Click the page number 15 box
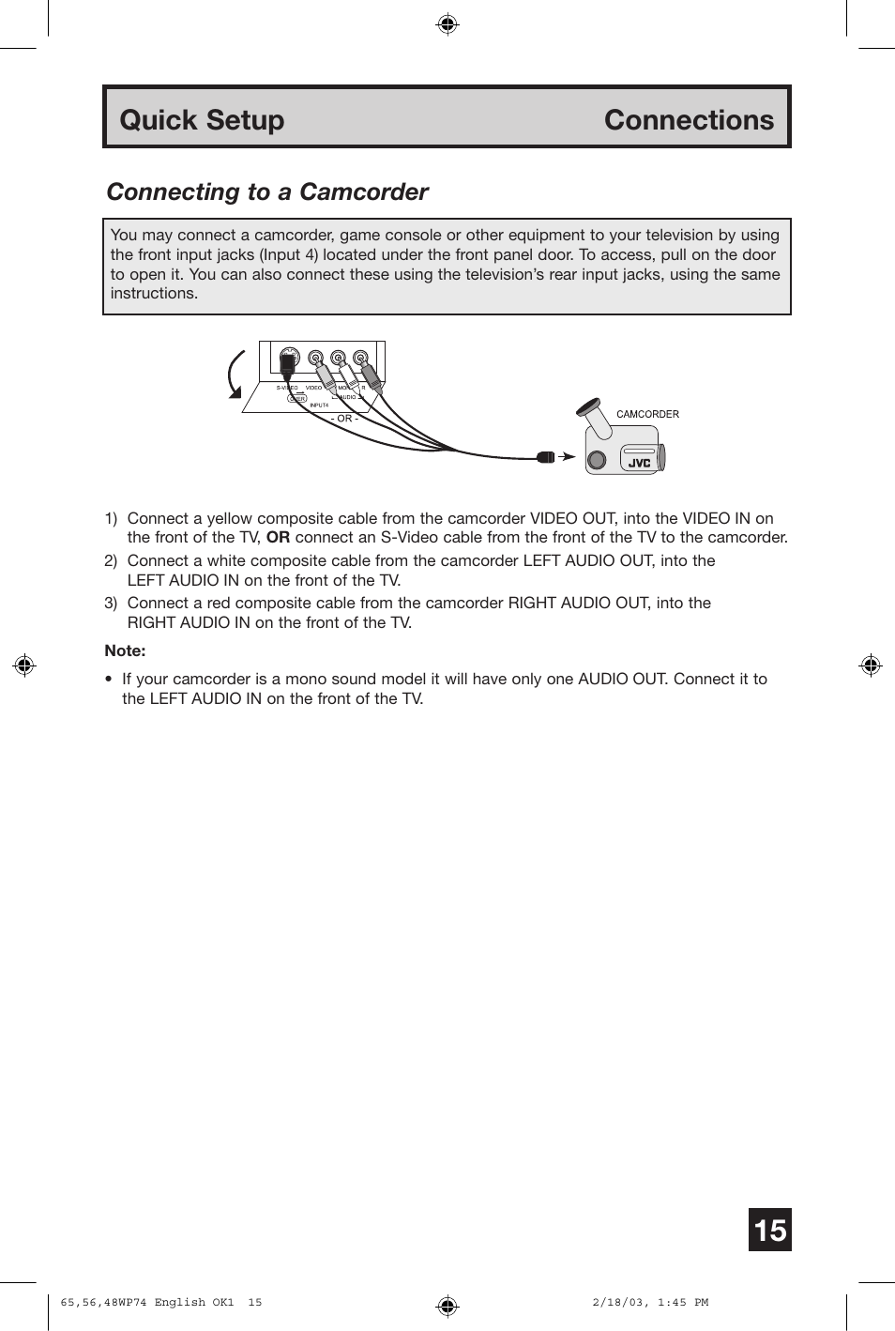(x=769, y=1230)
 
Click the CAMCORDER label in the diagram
(x=647, y=414)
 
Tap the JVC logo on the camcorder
(x=639, y=462)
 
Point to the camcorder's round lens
(x=596, y=460)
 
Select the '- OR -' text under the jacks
(x=344, y=419)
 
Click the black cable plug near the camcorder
(x=546, y=457)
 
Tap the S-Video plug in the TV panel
(x=290, y=360)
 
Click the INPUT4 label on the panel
(x=319, y=405)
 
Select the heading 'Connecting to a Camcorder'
(x=267, y=191)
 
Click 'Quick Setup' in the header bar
(x=202, y=120)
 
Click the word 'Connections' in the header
(x=689, y=120)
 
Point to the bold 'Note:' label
(x=125, y=650)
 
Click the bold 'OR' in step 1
(x=278, y=537)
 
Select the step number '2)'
(x=111, y=560)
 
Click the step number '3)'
(x=111, y=603)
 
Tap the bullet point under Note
(x=109, y=679)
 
